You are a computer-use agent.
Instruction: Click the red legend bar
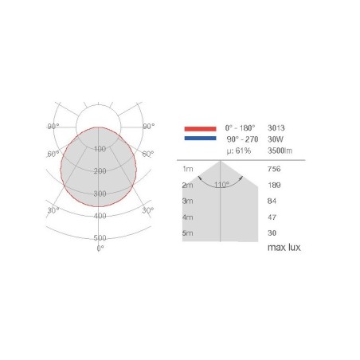point(200,129)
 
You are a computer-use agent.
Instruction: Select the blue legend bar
point(200,138)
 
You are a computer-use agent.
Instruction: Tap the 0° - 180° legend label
point(240,128)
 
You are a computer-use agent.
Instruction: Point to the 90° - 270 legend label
point(242,139)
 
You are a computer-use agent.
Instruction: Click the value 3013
point(276,128)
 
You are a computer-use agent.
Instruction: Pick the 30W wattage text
point(276,139)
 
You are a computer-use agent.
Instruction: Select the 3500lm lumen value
point(280,151)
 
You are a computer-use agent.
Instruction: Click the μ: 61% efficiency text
point(239,151)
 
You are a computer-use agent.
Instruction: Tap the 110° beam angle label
point(221,185)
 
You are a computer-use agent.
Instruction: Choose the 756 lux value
point(274,169)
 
